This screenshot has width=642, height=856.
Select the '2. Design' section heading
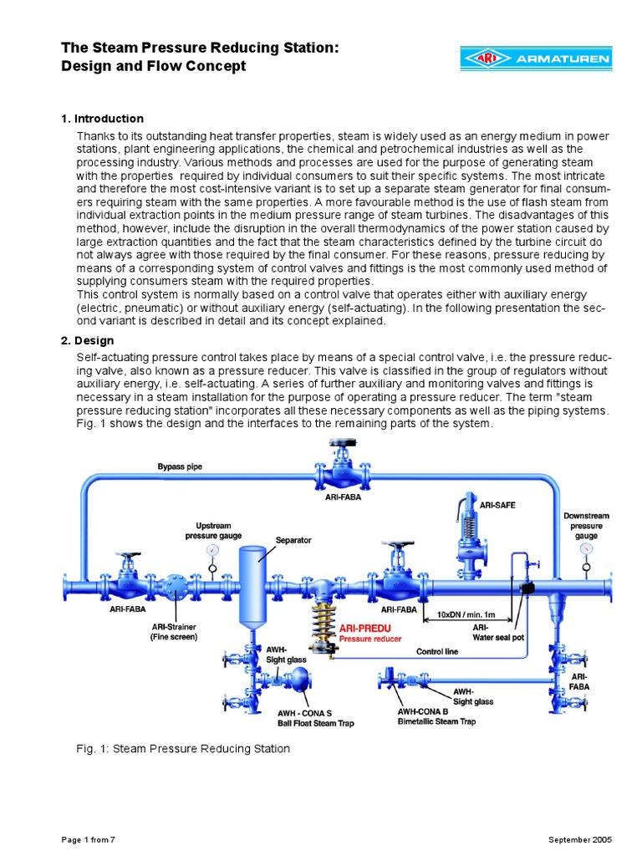(x=87, y=341)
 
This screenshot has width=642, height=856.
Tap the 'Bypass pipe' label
(x=180, y=466)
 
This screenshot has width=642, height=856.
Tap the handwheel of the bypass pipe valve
(x=343, y=444)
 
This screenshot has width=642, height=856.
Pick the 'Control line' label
(x=436, y=650)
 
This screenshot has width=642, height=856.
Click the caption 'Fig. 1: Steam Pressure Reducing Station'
(x=183, y=749)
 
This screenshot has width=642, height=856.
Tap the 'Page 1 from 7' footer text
(x=88, y=838)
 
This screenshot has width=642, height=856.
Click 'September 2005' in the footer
(x=580, y=838)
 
